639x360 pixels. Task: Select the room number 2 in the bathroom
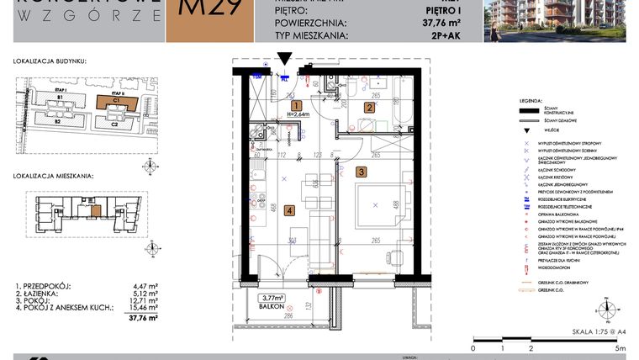point(367,108)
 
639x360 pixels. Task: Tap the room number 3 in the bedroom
point(361,172)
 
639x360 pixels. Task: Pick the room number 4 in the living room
point(288,211)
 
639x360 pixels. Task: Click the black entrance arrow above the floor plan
point(284,60)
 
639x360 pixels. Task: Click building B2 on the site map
point(59,123)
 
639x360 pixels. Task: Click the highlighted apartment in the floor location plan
point(97,209)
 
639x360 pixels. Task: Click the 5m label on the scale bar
point(618,347)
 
